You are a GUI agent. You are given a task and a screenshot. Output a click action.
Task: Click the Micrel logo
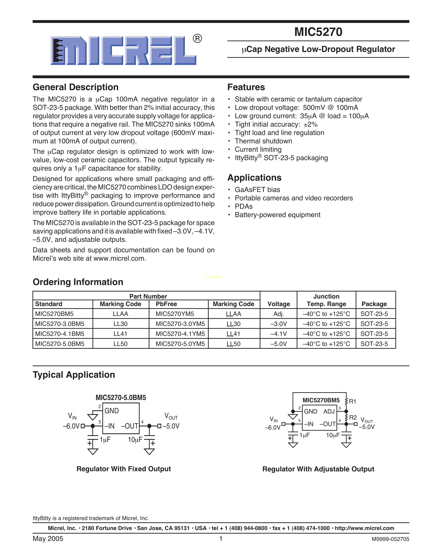(x=123, y=50)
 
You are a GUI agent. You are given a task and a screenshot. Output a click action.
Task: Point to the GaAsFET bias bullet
(x=257, y=190)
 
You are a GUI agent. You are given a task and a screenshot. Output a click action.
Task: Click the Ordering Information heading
(x=78, y=282)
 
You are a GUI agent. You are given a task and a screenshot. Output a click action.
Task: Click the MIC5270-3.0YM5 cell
(x=180, y=324)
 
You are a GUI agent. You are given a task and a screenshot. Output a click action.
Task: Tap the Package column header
(x=374, y=304)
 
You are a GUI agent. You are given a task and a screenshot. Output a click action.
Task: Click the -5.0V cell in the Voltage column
(x=278, y=344)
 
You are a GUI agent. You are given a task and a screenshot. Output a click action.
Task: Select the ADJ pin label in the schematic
(x=329, y=411)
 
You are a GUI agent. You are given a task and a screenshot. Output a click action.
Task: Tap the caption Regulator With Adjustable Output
(x=318, y=469)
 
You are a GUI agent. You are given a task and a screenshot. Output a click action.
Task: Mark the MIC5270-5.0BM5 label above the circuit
(x=121, y=397)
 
